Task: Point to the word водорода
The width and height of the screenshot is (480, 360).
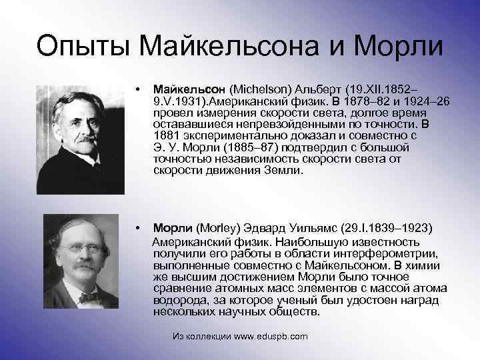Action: (x=176, y=301)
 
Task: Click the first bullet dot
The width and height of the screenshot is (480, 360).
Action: (x=135, y=88)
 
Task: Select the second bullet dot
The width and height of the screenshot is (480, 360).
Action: (x=135, y=227)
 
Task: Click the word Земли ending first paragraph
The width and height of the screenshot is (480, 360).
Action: (x=285, y=171)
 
